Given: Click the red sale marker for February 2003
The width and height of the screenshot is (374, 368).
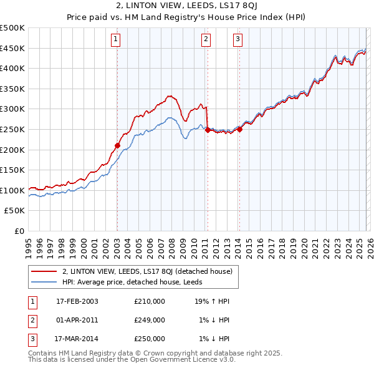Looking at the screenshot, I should (x=117, y=145).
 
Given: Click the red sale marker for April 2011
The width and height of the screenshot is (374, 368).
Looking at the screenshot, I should (x=207, y=130).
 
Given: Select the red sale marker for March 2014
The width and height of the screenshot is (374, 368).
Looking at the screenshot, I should (x=239, y=129).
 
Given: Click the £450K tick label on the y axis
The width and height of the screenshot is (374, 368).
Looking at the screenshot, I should (x=12, y=48).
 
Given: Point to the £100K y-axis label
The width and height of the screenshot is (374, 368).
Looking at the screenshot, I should (x=12, y=190).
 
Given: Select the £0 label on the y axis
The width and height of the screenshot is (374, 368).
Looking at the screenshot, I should (x=19, y=231).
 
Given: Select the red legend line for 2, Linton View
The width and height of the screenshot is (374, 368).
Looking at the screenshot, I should (x=44, y=271).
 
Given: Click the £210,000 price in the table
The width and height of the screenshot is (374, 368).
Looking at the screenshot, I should (x=150, y=301).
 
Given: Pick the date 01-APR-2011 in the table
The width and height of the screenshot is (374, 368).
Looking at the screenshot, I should (x=77, y=320).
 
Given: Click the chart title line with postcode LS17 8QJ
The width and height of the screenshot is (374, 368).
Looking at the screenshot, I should (x=187, y=7).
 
